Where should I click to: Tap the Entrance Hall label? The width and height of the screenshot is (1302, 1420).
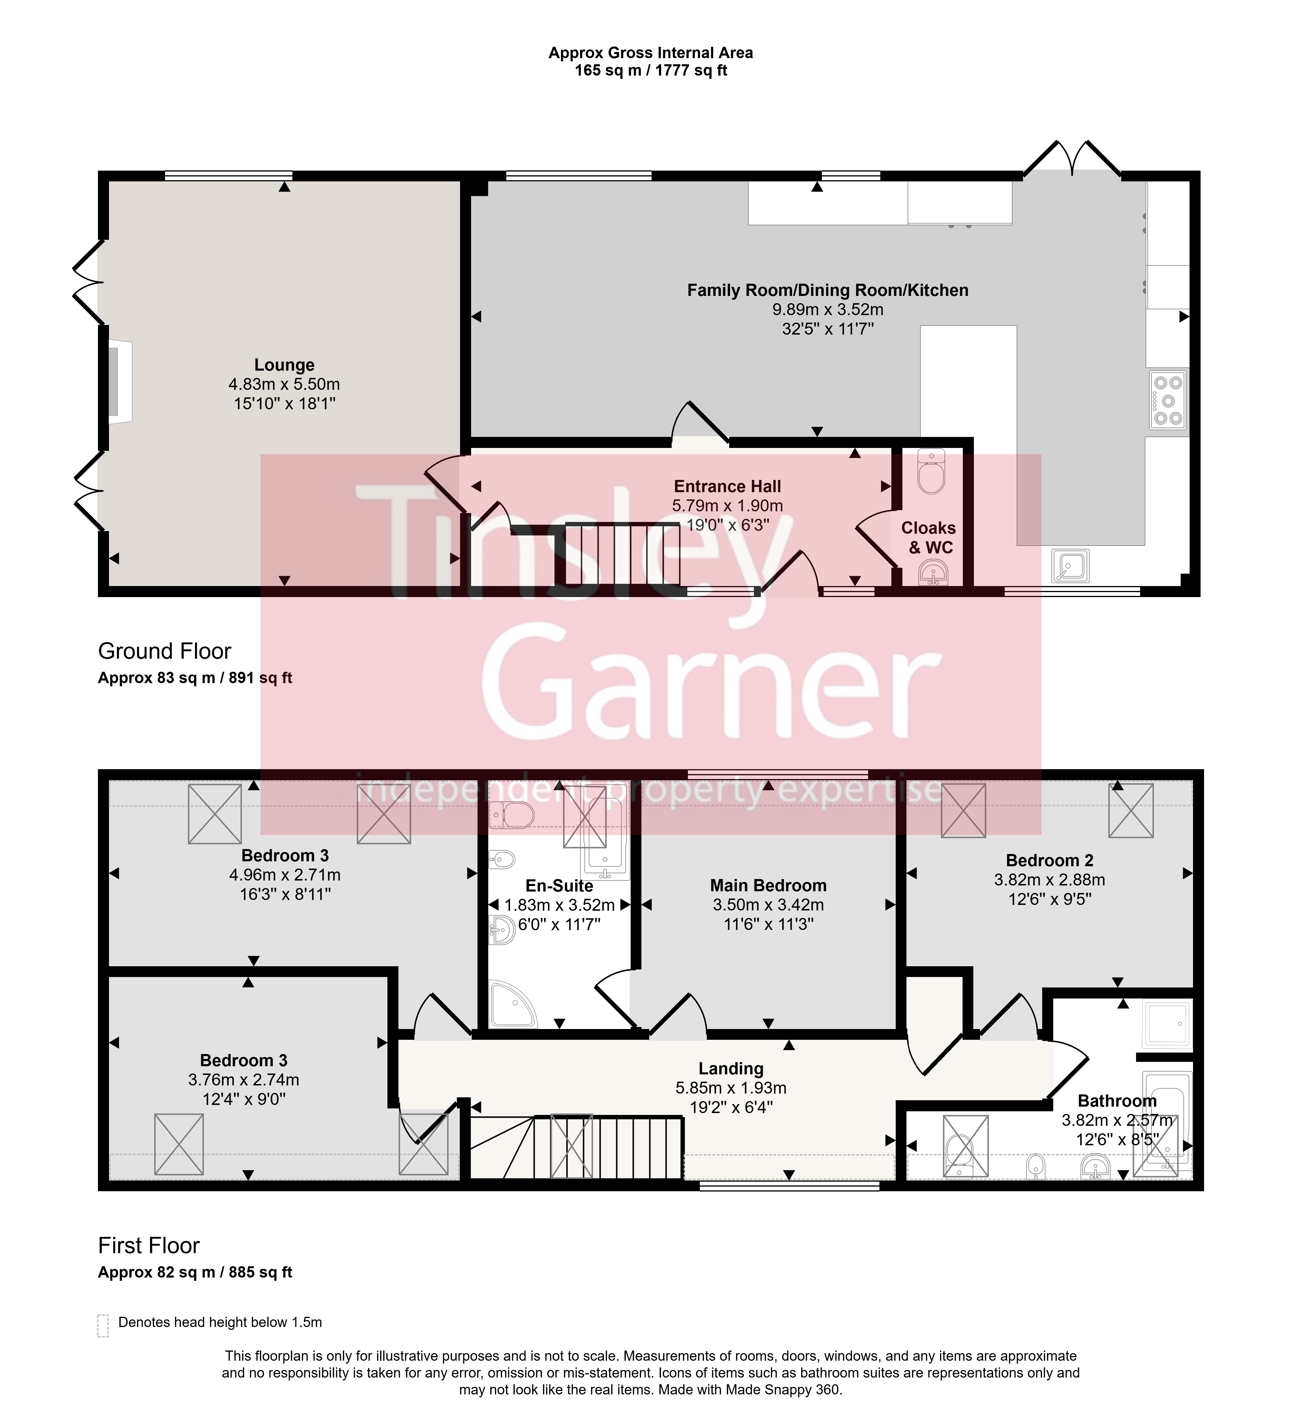727,486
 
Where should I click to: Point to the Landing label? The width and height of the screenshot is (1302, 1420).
731,1069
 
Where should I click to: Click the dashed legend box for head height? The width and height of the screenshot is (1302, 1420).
103,1326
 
